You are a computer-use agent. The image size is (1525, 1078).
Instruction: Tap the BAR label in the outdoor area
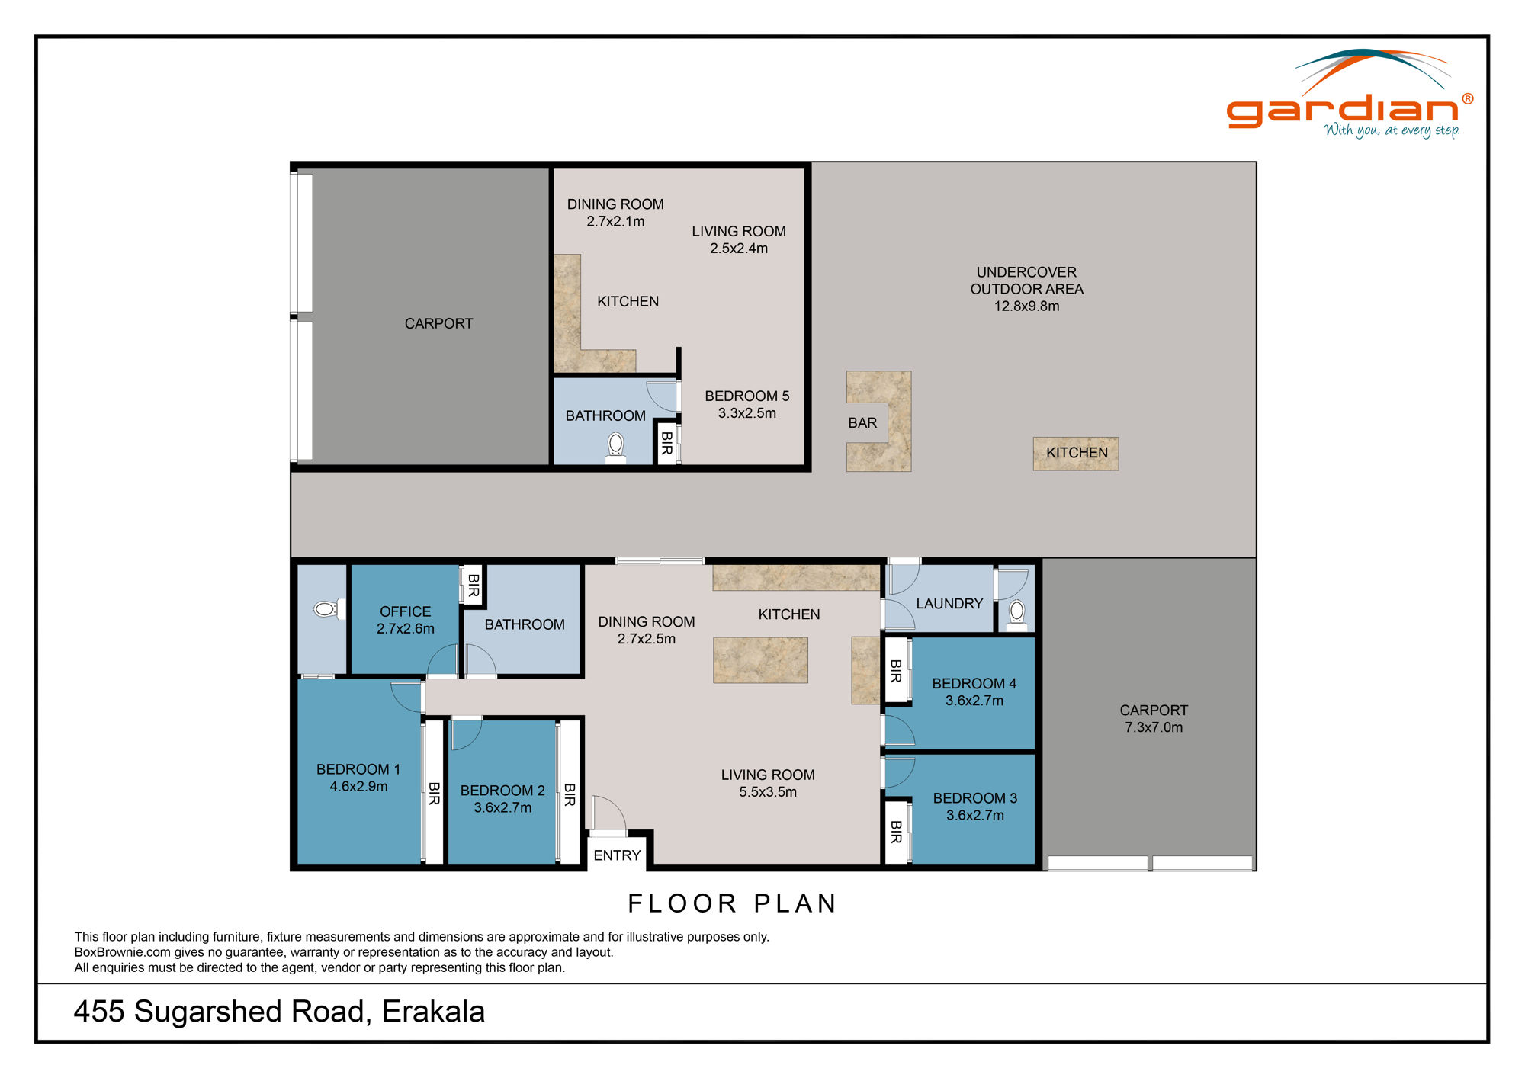tap(862, 423)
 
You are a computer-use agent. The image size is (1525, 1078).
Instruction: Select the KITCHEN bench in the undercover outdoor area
tap(1076, 454)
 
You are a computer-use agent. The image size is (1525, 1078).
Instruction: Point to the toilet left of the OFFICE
tap(326, 609)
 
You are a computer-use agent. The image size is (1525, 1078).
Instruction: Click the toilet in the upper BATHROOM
tap(616, 446)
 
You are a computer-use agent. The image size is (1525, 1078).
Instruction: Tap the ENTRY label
tap(617, 855)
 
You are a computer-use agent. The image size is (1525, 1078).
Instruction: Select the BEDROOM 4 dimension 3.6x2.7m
tap(974, 701)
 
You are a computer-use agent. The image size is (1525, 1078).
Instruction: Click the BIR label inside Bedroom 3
tap(896, 832)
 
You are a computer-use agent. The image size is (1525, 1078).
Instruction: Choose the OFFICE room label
tap(405, 611)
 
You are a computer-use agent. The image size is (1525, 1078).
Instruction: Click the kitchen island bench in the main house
tap(760, 660)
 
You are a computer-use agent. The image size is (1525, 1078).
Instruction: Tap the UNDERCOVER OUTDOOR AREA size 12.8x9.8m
tap(1026, 306)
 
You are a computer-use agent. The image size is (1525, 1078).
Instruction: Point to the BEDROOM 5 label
tap(746, 396)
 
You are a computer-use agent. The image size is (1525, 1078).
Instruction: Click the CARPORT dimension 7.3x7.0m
tap(1154, 727)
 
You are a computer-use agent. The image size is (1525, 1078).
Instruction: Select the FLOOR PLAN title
tap(732, 903)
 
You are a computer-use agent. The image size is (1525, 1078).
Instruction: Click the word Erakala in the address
tap(433, 1012)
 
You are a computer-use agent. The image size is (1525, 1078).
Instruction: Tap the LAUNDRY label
tap(949, 604)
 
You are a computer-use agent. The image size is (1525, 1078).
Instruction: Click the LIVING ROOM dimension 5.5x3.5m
tap(767, 792)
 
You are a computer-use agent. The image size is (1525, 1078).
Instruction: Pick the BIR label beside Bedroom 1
tap(434, 793)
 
